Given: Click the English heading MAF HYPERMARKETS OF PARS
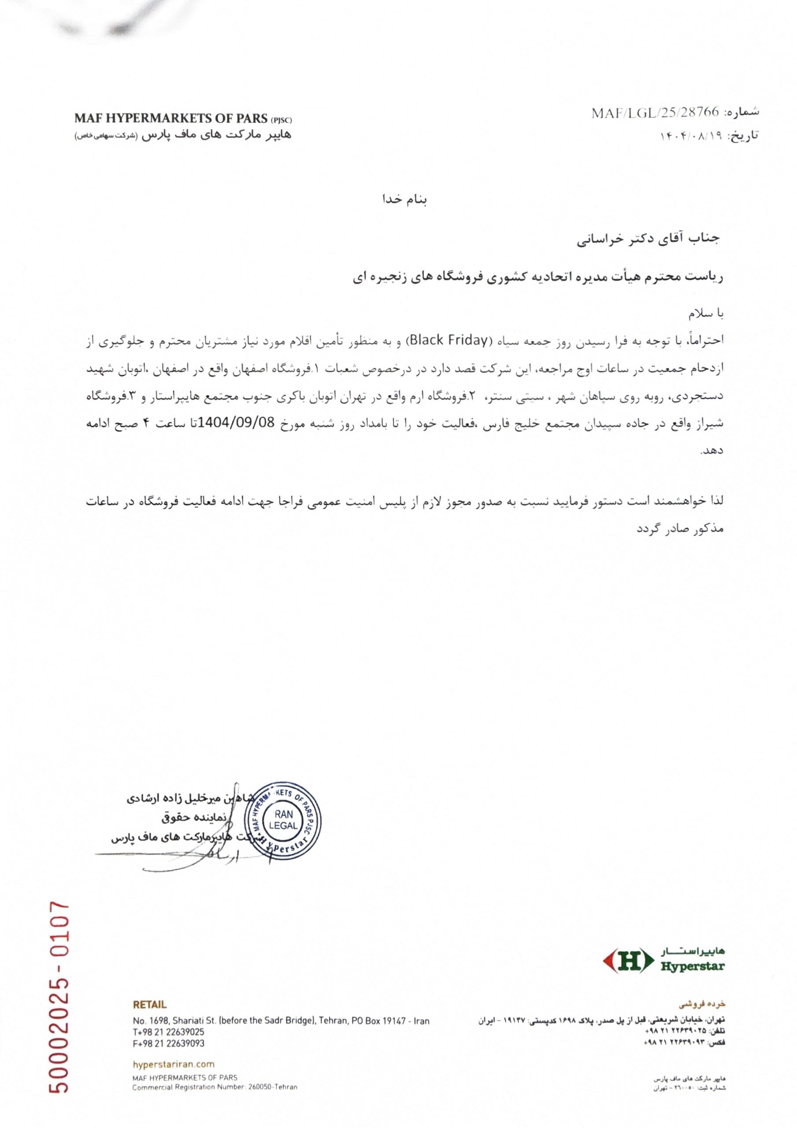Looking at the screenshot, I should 172,119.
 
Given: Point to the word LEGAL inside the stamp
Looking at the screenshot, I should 284,826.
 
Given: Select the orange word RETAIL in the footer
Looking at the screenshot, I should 149,1005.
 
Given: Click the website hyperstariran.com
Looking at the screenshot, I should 174,1065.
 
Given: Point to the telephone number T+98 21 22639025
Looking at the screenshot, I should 169,1032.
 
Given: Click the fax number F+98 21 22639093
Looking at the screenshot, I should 169,1043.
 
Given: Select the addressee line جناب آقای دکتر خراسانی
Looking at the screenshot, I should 648,239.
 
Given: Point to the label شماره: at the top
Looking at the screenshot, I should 742,111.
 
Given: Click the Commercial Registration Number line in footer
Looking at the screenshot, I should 214,1088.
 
